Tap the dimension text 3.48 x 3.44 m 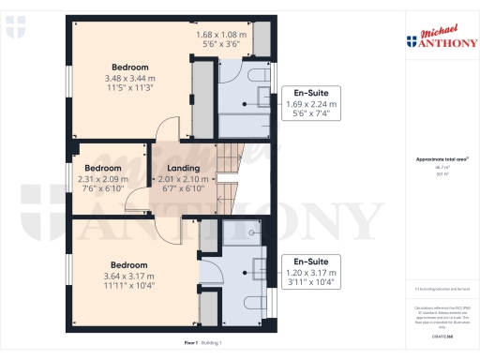[x=129, y=78]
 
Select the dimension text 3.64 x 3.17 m [x=129, y=276]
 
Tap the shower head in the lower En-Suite [x=255, y=231]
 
